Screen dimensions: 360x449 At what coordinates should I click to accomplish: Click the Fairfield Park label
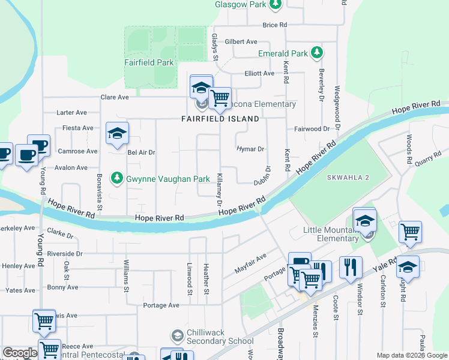148,62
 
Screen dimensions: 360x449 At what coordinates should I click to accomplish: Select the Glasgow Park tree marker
275,5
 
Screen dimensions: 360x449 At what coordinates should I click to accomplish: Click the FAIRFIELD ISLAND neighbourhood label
220,119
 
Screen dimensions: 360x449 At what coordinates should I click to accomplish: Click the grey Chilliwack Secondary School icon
176,335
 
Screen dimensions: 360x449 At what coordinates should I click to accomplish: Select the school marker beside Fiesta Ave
117,134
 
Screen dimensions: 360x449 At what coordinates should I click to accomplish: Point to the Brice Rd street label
275,25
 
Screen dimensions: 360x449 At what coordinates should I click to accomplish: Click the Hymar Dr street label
250,149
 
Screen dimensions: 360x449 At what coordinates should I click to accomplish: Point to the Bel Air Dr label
142,152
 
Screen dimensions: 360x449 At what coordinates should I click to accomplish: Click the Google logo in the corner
20,353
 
